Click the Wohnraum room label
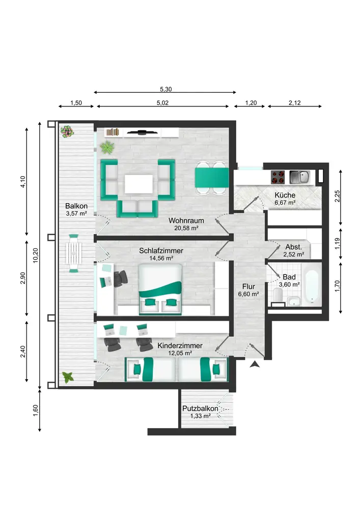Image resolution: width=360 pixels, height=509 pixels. tap(186, 220)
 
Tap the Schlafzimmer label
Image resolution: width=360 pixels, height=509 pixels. tap(161, 250)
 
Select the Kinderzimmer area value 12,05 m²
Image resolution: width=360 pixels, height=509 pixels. tap(180, 353)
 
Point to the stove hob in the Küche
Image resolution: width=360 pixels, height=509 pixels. tap(278, 177)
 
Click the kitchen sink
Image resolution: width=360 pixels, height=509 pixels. tap(299, 177)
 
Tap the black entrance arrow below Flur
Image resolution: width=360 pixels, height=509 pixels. tap(255, 364)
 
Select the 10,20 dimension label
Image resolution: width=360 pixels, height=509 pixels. tap(36, 256)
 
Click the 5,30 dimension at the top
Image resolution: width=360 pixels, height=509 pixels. tap(165, 89)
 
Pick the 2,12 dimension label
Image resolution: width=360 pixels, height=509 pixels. tap(294, 103)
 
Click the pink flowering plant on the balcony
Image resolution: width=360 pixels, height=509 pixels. tap(67, 132)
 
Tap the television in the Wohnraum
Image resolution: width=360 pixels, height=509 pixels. tap(142, 132)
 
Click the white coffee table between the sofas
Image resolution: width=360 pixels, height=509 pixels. tap(139, 184)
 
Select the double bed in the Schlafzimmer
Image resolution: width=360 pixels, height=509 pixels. tap(160, 289)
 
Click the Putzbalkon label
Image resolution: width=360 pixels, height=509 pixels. tap(200, 408)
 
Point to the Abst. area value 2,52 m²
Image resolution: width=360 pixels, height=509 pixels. tap(293, 254)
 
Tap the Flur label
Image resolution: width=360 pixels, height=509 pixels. tap(248, 287)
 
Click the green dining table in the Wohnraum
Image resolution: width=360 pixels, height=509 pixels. tap(212, 178)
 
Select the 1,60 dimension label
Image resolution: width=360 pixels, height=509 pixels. tap(36, 410)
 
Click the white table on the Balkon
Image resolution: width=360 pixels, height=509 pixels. tap(74, 253)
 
